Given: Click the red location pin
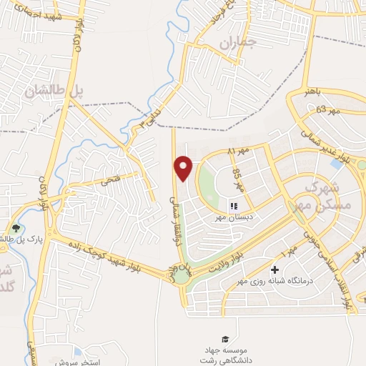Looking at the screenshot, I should (x=184, y=167).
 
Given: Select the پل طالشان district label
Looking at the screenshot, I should (x=50, y=91).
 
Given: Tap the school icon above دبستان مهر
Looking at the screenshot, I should (x=233, y=205).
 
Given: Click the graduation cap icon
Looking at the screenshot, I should (x=225, y=338).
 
